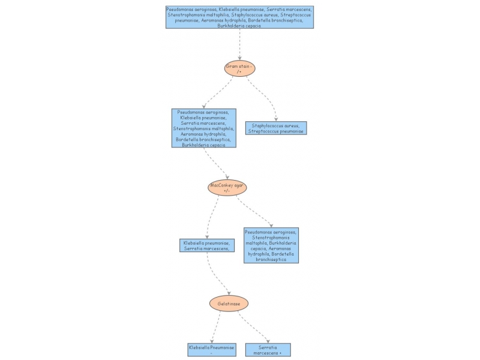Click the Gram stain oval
(x=240, y=68)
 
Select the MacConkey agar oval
(x=227, y=188)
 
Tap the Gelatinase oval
(x=229, y=304)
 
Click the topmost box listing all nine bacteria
(x=239, y=17)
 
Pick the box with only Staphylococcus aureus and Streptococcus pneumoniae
(x=276, y=128)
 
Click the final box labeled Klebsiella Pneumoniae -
(x=211, y=350)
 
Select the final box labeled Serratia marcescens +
(x=268, y=350)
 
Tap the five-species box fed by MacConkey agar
(x=271, y=245)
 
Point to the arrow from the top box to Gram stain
(x=240, y=42)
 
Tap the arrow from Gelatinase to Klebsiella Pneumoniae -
(x=215, y=327)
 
